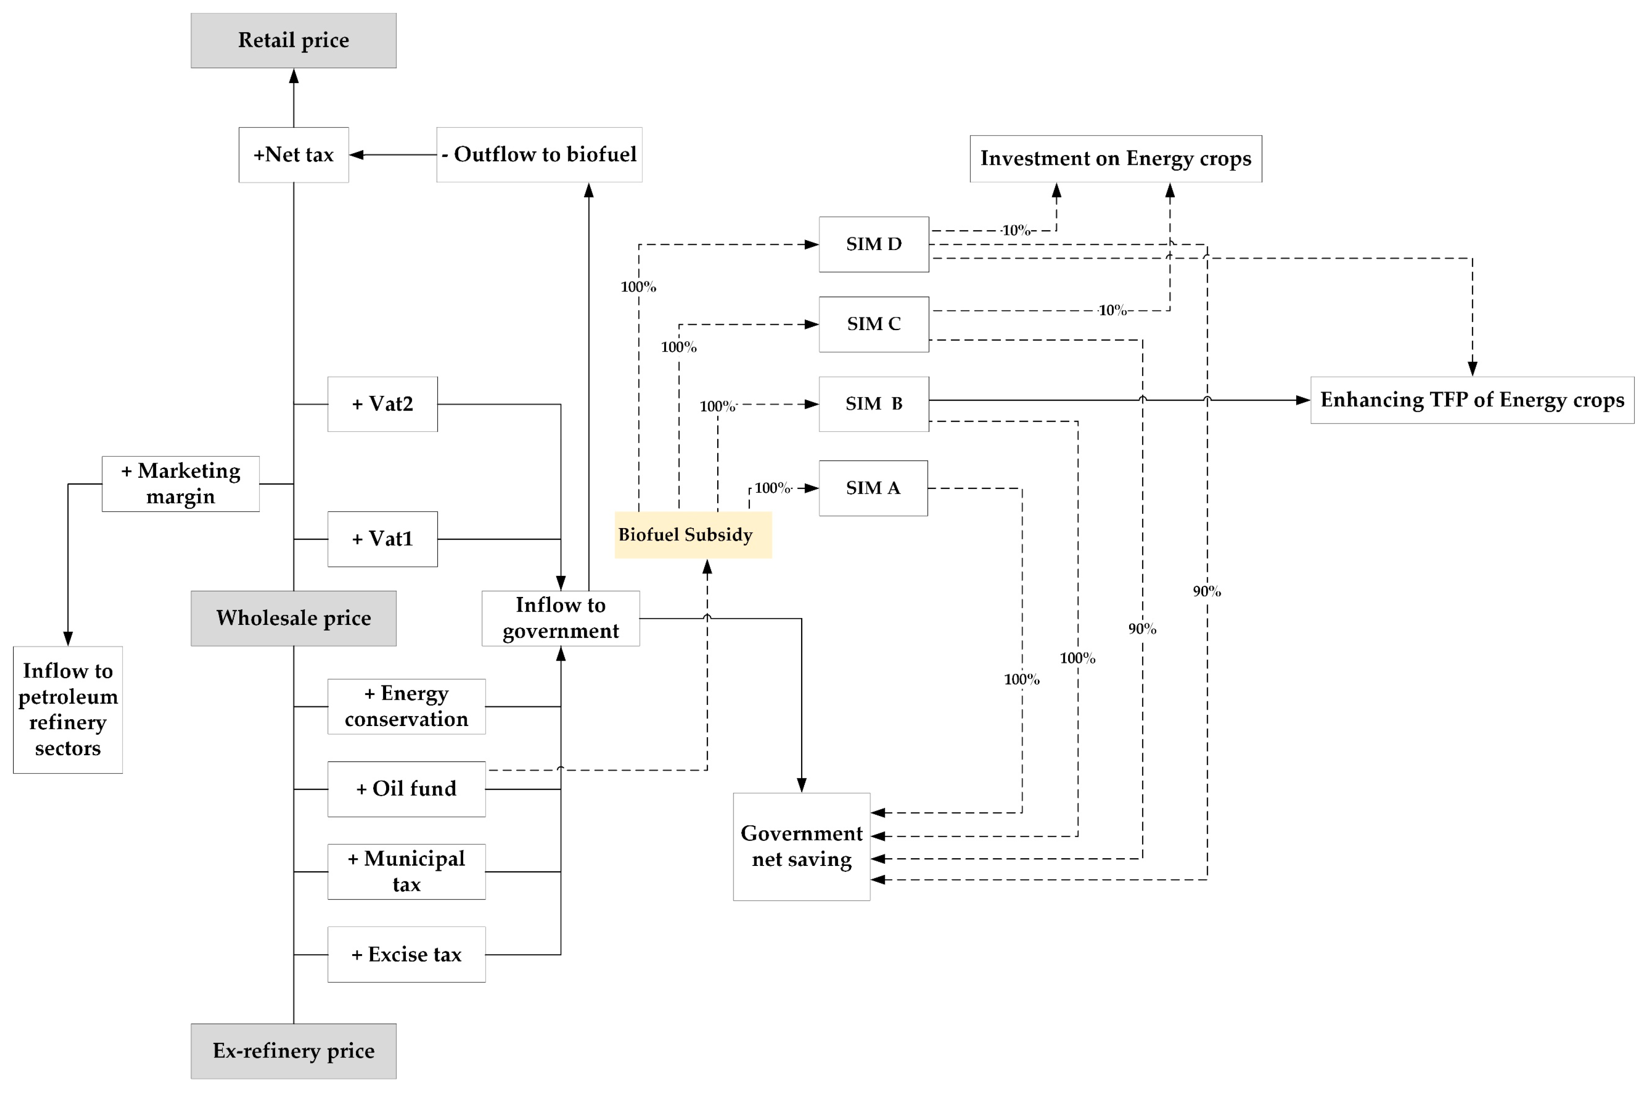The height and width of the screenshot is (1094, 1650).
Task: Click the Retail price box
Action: (294, 40)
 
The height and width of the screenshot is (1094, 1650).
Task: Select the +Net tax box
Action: (294, 155)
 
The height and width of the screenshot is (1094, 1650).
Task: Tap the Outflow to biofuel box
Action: (539, 155)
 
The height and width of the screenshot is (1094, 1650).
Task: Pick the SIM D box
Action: (873, 244)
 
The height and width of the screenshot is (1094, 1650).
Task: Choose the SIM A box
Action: (873, 488)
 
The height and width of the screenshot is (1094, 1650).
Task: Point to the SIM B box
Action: (873, 404)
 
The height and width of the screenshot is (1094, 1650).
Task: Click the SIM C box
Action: (873, 324)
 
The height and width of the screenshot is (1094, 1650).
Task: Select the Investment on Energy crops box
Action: (1116, 159)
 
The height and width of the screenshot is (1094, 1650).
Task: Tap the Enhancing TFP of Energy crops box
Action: (1472, 401)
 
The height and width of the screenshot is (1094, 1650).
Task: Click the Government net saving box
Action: (802, 846)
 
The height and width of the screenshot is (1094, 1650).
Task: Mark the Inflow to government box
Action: (560, 618)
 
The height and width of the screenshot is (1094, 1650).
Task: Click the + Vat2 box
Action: (382, 404)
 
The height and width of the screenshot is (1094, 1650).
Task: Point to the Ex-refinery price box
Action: (294, 1051)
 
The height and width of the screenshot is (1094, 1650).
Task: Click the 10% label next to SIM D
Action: (1016, 230)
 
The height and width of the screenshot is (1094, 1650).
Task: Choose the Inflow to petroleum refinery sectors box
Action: (68, 710)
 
